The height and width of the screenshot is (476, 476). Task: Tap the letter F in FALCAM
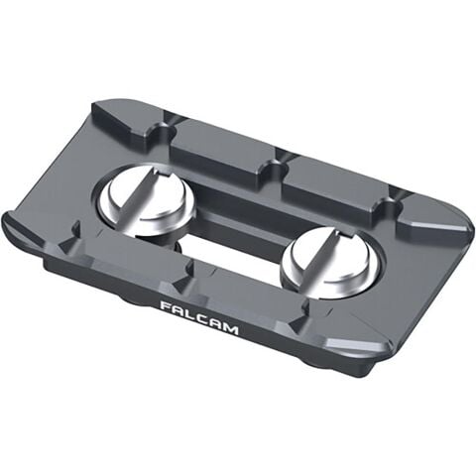click(x=165, y=306)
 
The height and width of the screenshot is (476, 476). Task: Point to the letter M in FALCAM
click(x=231, y=328)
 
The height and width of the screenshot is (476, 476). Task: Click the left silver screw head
click(x=149, y=197)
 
